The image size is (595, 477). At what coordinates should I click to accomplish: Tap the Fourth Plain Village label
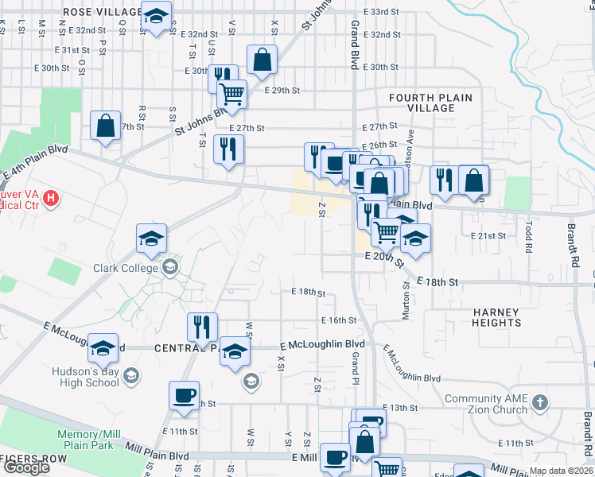click(x=430, y=103)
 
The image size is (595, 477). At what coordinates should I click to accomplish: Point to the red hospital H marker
click(x=51, y=197)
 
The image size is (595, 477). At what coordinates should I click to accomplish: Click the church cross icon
click(x=540, y=401)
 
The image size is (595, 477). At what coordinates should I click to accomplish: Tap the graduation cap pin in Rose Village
click(x=156, y=17)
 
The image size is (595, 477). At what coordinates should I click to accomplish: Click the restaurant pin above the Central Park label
click(x=202, y=327)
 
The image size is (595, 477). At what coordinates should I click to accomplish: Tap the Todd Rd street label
click(x=527, y=237)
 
